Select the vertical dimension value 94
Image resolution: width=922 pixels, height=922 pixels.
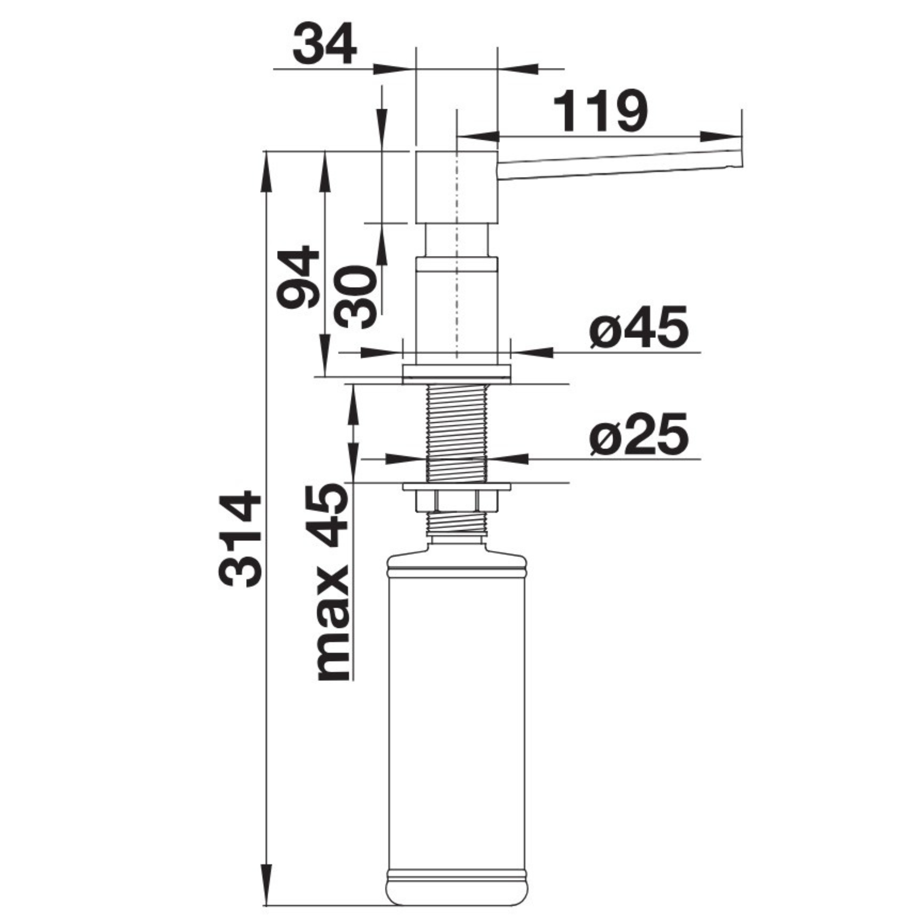(x=298, y=277)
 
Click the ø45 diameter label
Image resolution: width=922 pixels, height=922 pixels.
(x=638, y=328)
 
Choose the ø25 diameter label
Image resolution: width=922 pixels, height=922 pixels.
(x=638, y=435)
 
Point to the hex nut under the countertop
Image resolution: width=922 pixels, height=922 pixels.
(x=457, y=501)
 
